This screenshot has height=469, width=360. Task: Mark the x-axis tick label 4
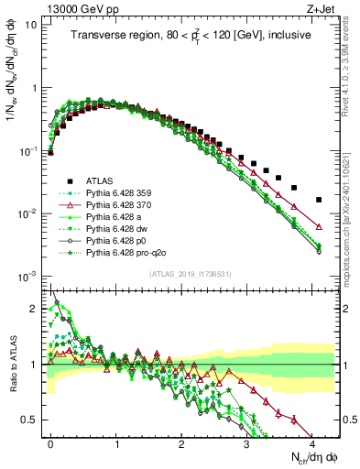[312, 442]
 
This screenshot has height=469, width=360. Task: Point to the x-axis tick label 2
[182, 442]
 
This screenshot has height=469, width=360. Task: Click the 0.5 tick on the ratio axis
[35, 420]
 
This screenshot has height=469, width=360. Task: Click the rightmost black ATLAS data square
[319, 200]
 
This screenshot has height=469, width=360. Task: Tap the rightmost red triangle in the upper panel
[319, 226]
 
